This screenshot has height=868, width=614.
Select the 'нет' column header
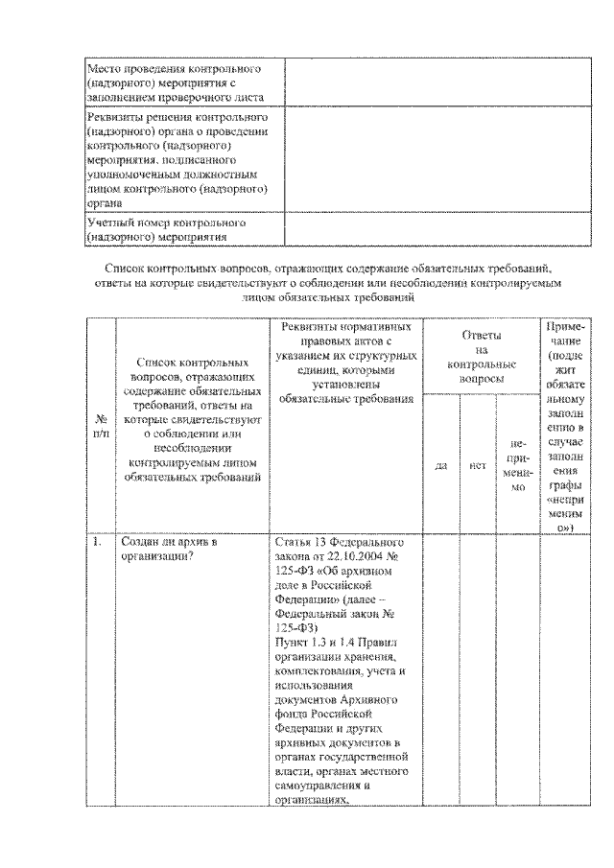[477, 465]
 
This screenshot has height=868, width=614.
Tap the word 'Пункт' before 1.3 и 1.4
[291, 636]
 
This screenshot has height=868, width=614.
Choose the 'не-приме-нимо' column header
[519, 465]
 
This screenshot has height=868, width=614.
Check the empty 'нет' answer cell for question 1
[477, 671]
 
